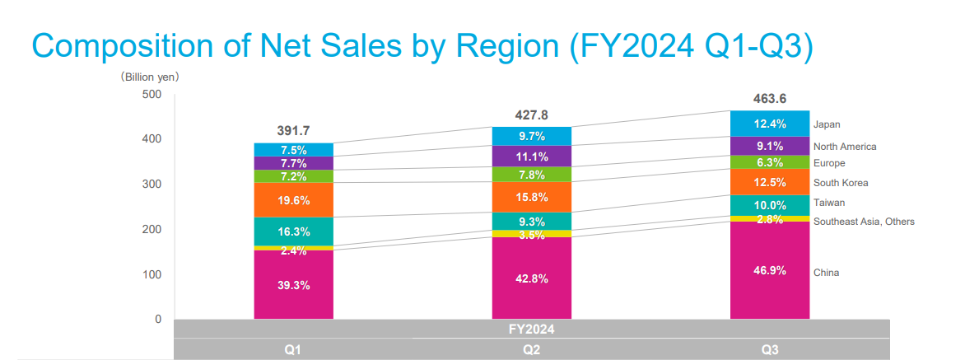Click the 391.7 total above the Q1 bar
pos(293,131)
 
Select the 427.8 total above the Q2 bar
pos(531,115)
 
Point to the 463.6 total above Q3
pos(770,99)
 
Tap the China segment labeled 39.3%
pos(293,285)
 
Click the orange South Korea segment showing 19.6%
pos(293,200)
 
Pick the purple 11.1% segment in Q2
pos(531,157)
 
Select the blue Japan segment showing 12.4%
pos(770,124)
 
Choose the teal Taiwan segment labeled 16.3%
pos(293,231)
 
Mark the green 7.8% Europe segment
pos(531,175)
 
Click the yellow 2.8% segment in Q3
pos(770,219)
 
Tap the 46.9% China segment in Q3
pos(770,270)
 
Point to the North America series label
pos(845,147)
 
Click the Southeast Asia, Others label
pos(864,222)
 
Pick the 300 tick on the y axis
pos(153,185)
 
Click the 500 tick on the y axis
pos(153,95)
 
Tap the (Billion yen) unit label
pos(150,77)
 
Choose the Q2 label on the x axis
pos(531,351)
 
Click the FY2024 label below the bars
pos(532,329)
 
